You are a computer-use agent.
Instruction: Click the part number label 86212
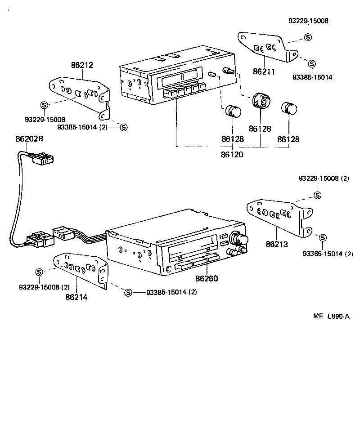tap(82, 65)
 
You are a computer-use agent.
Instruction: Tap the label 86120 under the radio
tap(232, 154)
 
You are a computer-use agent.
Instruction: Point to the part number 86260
tap(207, 278)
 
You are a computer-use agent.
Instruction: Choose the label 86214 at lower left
tap(76, 297)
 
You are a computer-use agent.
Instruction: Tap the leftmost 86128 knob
tap(233, 111)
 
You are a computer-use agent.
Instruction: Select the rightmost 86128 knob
tap(289, 109)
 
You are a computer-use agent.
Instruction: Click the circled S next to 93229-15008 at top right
tap(308, 37)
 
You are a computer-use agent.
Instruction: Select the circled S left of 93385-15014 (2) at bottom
tap(128, 293)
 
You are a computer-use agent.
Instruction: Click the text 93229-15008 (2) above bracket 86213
tap(324, 178)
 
